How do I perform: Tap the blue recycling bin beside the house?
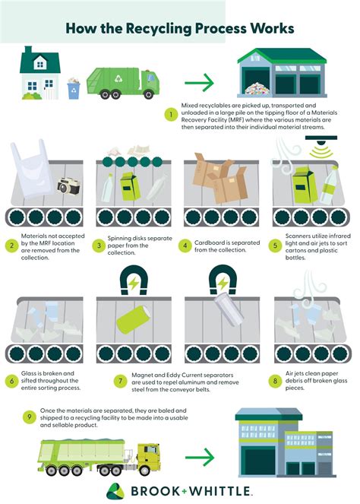click(x=74, y=90)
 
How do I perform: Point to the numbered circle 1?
click(x=172, y=116)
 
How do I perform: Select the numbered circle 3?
click(x=99, y=246)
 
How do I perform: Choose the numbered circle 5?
click(x=276, y=246)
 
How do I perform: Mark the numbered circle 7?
click(x=99, y=380)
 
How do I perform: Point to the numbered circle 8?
click(x=276, y=380)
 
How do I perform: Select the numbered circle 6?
click(x=13, y=380)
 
